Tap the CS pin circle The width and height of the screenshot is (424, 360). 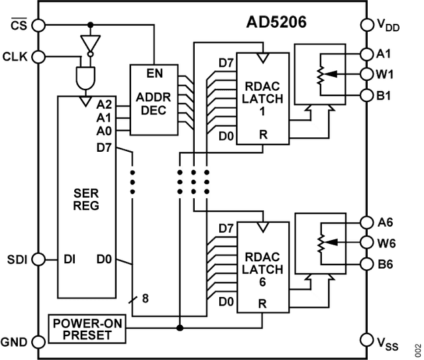click(x=39, y=25)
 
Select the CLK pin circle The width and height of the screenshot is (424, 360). click(x=39, y=56)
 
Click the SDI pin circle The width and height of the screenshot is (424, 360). click(x=39, y=259)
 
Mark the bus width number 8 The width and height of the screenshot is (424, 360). click(x=145, y=298)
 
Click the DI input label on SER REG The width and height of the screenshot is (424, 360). click(x=68, y=259)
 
